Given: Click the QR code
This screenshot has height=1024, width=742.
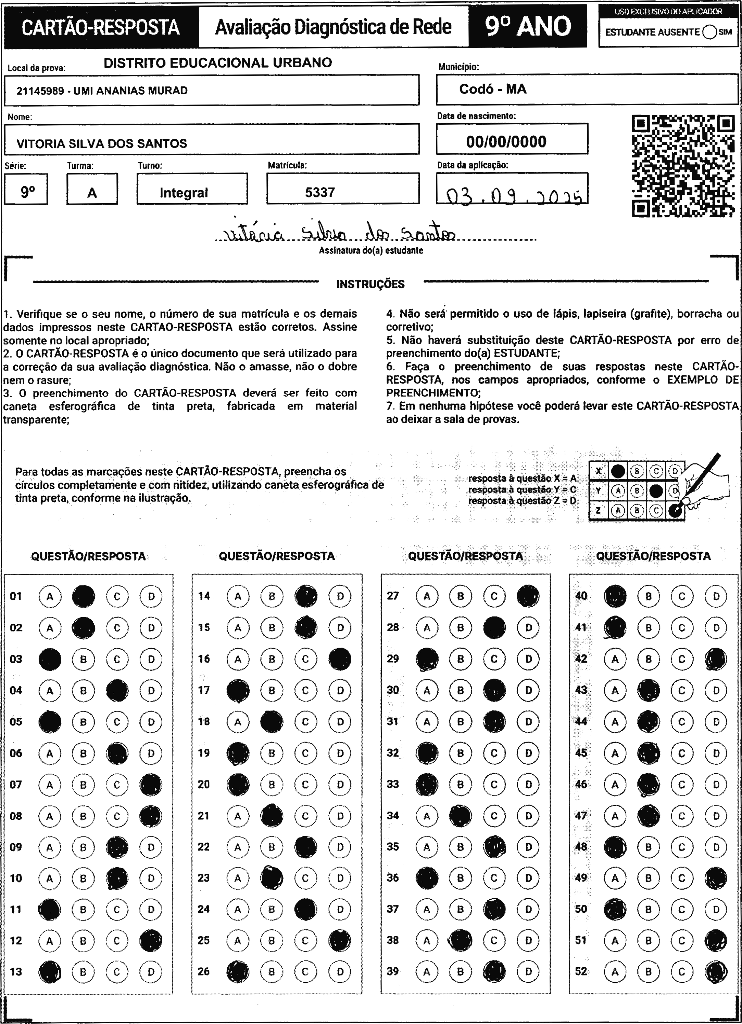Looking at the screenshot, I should pos(683,166).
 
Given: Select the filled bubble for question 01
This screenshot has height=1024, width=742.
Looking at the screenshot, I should pos(83,596).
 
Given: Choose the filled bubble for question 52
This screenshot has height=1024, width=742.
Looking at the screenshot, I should pos(716,972).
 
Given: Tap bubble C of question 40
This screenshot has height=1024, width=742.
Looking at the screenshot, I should pos(682,596).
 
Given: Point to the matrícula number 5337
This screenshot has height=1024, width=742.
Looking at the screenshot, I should pos(320,192).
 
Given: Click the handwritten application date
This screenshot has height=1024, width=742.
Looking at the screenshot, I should pos(513,196).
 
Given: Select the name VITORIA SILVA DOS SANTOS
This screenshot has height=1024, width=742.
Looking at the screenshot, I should pos(102,144).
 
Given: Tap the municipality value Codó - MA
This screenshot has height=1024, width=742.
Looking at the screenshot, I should pos(493,89).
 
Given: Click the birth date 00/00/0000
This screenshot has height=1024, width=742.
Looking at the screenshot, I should pos(506,142).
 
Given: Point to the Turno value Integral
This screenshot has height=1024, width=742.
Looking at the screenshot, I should pos(183,193).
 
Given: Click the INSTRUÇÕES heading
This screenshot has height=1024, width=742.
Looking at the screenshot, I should pos(370,284).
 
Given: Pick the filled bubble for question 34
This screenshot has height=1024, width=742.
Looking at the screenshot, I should pos(460,816).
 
